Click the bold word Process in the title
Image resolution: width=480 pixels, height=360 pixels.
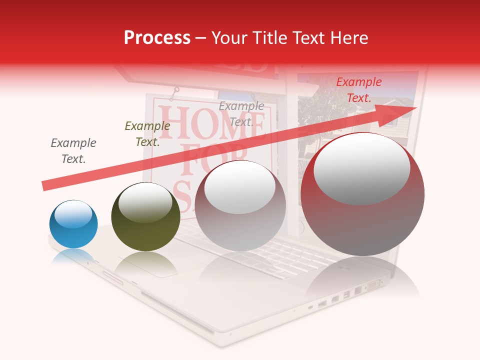pos(157,38)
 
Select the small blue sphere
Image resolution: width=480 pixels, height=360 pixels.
pos(73,224)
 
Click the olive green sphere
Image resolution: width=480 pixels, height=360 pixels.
pos(145,217)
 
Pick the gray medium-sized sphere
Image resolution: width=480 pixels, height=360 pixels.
pos(240,206)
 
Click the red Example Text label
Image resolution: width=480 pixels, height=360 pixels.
pos(358,90)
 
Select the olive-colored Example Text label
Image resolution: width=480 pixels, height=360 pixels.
pos(147,134)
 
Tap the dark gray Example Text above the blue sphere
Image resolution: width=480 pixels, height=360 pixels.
pos(73,151)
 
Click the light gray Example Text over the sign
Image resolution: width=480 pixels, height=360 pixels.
pos(241,113)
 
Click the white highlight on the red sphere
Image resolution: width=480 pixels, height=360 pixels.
pos(361,168)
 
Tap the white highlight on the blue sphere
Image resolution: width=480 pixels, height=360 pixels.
pos(73,214)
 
